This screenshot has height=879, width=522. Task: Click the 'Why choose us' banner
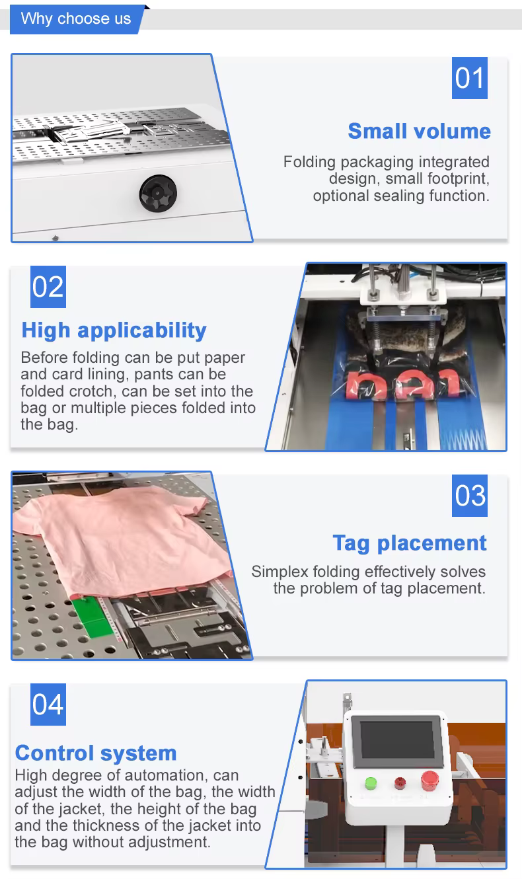(x=77, y=19)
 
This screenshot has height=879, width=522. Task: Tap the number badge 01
(x=469, y=78)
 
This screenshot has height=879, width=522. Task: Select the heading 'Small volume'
(x=419, y=131)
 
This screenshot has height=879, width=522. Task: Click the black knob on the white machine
(x=158, y=194)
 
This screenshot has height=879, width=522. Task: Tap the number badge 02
(x=48, y=286)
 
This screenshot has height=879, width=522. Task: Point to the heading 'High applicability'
(x=114, y=330)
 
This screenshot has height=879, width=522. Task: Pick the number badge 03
(x=469, y=495)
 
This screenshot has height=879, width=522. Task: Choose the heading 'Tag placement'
(x=410, y=543)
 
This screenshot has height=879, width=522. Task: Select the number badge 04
(x=48, y=704)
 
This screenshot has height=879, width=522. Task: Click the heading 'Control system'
(x=96, y=753)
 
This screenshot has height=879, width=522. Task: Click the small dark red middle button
(x=400, y=783)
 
